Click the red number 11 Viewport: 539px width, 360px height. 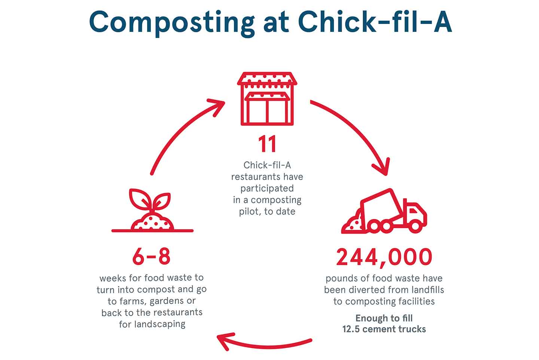click(267, 144)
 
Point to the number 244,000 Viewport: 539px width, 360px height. click(384, 258)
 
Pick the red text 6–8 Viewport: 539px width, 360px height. click(152, 257)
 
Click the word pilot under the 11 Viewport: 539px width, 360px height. click(250, 211)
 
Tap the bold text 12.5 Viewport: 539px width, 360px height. click(351, 329)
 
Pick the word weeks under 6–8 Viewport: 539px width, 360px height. click(112, 278)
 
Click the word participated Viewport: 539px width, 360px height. click(267, 188)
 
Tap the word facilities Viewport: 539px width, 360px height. click(416, 301)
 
